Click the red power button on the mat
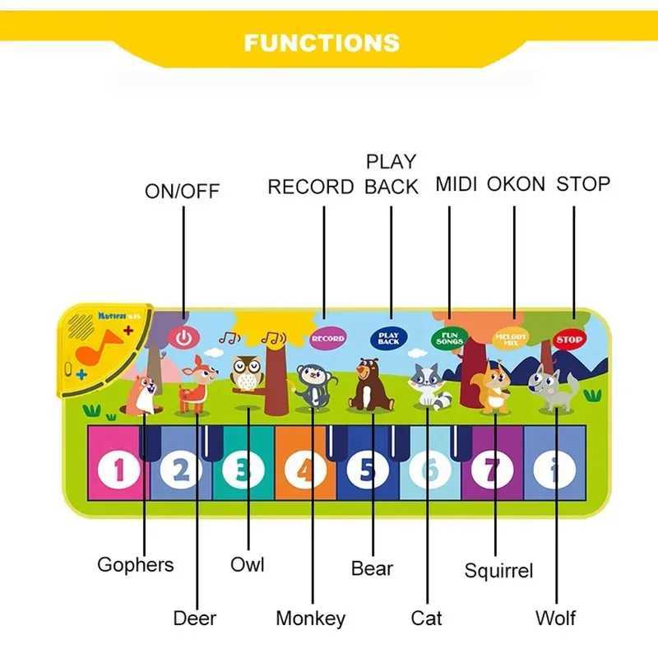point(183,337)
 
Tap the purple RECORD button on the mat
point(327,337)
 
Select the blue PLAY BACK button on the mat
point(388,337)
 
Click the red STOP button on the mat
point(569,339)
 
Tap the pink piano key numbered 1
point(119,470)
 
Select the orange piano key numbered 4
point(305,470)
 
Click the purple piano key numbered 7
point(491,470)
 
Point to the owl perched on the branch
point(246,376)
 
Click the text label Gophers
point(136,565)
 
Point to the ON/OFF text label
point(183,192)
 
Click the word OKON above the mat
point(516,184)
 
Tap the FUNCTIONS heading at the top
point(322,43)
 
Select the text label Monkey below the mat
point(310,618)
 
